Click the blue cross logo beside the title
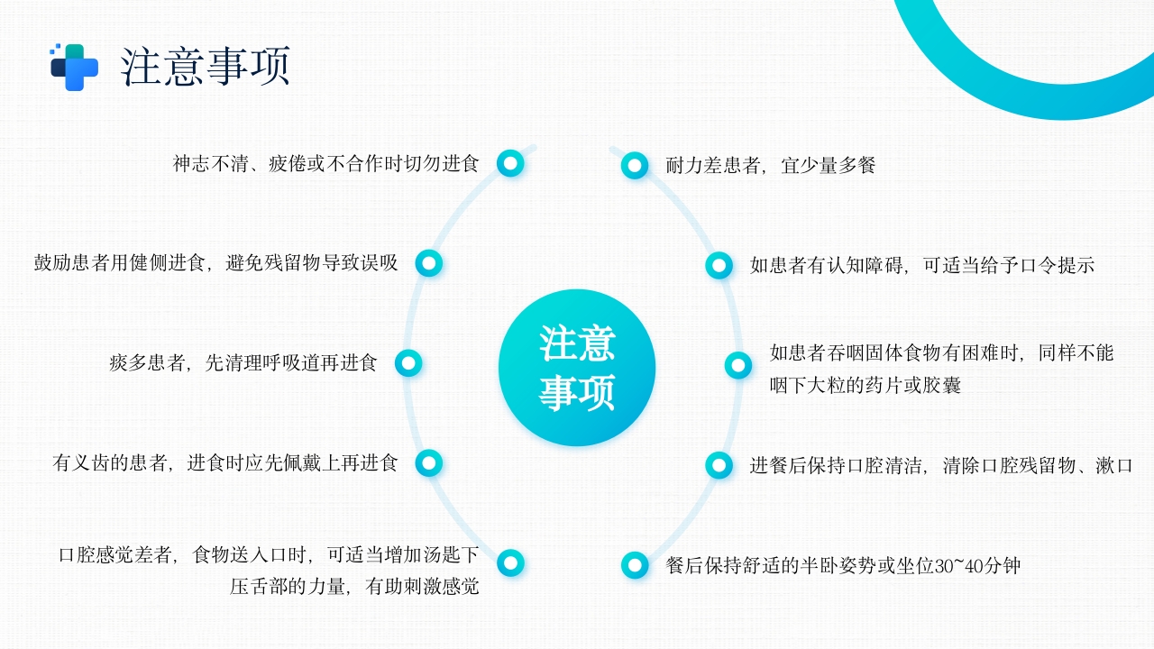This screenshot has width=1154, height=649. (x=74, y=68)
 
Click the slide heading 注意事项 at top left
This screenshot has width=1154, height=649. (x=206, y=67)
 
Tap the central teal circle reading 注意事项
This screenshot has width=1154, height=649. (x=577, y=368)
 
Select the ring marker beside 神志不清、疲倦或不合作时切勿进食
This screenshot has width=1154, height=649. (x=510, y=163)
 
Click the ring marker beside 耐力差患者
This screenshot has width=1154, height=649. (x=635, y=165)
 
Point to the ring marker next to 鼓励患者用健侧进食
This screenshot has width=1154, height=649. (x=429, y=263)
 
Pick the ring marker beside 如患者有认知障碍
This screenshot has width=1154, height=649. (x=719, y=265)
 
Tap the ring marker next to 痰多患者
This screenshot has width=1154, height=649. (x=408, y=363)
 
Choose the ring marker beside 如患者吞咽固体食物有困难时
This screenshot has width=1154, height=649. (x=738, y=365)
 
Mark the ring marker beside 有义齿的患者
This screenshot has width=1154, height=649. (x=429, y=463)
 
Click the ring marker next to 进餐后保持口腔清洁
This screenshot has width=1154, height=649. (x=719, y=465)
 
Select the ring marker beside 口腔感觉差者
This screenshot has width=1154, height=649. (x=510, y=563)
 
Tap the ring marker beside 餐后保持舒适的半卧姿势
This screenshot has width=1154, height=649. (x=635, y=565)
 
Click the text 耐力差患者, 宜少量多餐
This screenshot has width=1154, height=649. (x=770, y=165)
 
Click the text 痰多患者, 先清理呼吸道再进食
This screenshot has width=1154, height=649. (x=243, y=363)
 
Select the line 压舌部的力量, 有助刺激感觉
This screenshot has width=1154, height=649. (x=354, y=587)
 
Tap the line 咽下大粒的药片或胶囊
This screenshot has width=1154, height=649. (x=865, y=386)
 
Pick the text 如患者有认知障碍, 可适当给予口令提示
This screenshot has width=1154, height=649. (x=921, y=265)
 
